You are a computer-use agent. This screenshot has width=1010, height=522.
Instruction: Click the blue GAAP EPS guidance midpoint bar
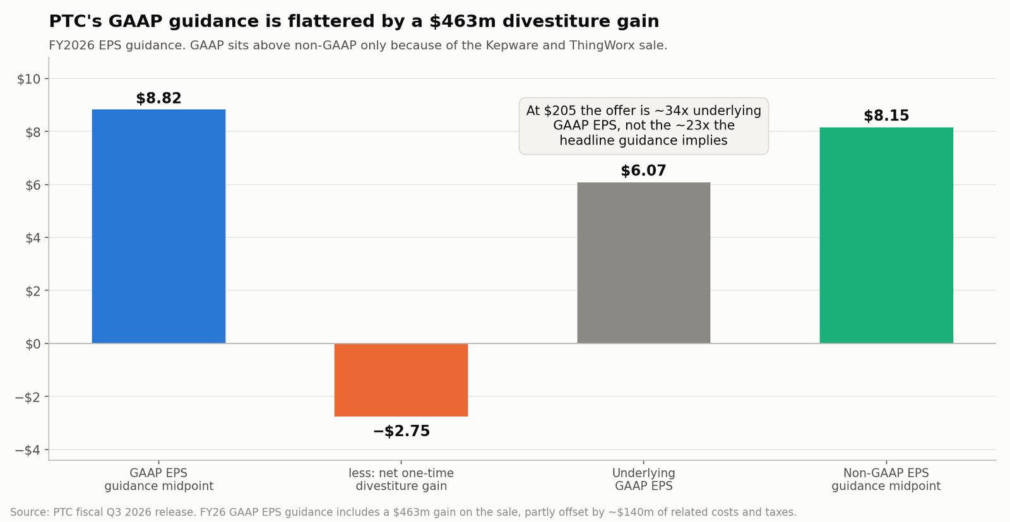click(158, 227)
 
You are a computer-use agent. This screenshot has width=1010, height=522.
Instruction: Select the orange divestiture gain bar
click(401, 380)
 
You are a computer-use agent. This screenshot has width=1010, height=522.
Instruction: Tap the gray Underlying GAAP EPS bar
click(643, 263)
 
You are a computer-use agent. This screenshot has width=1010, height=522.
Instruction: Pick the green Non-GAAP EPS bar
click(886, 235)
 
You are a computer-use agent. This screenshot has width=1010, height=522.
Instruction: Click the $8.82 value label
click(158, 98)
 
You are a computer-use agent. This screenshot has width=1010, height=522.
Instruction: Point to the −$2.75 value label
click(401, 431)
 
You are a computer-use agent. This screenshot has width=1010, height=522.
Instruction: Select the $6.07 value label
click(643, 171)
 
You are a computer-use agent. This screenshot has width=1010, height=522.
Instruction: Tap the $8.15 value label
click(886, 116)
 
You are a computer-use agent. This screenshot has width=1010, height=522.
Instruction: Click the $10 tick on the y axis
click(29, 80)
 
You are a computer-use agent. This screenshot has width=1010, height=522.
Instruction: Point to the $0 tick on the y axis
click(33, 345)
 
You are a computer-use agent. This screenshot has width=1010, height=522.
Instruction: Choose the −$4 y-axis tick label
click(28, 450)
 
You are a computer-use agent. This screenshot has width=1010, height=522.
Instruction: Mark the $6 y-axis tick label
click(33, 186)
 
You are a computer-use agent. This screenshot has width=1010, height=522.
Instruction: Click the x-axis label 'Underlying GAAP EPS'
click(643, 480)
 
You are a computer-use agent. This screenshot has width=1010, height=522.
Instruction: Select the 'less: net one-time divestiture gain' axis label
click(401, 480)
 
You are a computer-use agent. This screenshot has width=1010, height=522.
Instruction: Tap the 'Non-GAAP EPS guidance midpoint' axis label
click(886, 480)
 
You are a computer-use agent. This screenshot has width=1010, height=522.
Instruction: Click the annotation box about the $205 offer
click(643, 126)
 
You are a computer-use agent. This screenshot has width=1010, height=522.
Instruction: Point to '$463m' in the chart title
click(462, 21)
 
